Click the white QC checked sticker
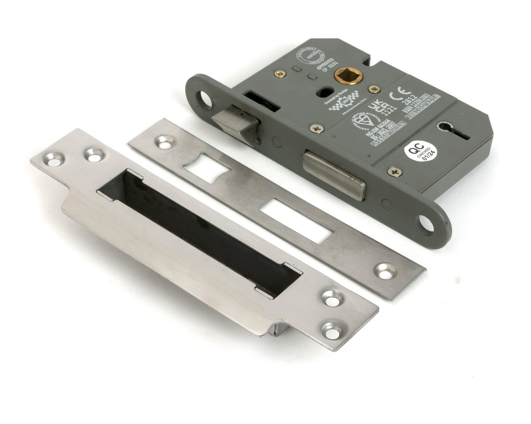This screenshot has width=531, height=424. pos(420,151)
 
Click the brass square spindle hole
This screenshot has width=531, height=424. pos(348,76)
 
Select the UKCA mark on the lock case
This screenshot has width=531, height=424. pos(377,109)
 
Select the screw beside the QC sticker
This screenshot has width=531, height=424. pos(394,172)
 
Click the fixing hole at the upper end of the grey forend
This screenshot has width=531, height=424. pos(206,99)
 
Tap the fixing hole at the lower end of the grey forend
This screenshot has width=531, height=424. pos(425,224)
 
